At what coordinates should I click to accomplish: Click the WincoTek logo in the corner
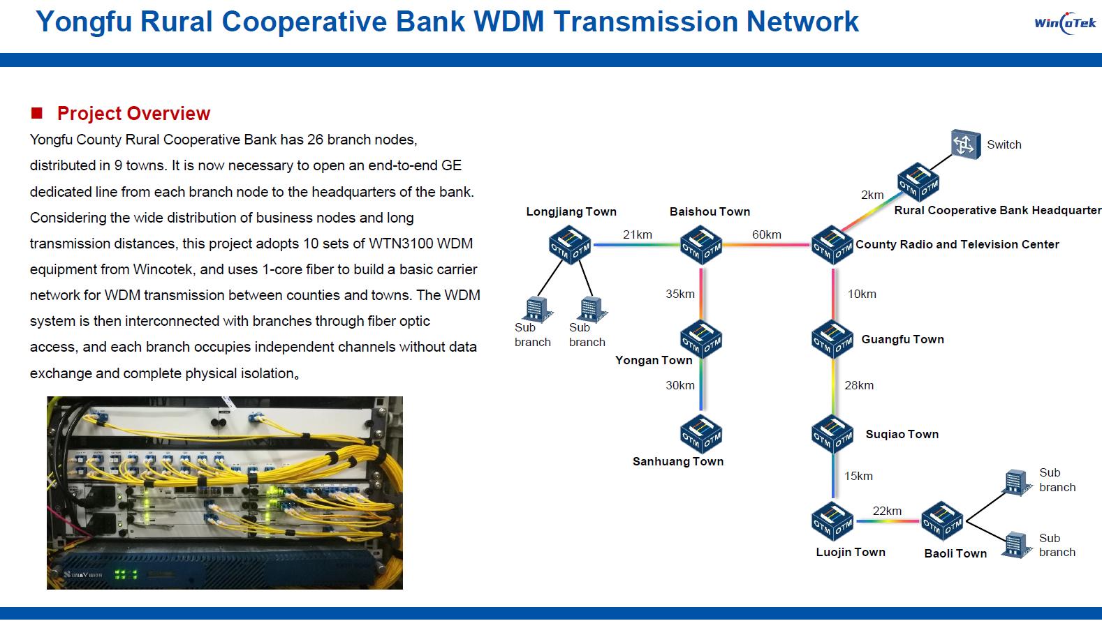(1064, 24)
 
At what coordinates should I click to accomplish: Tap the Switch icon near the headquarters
(966, 144)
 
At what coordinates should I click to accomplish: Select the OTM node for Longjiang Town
(570, 245)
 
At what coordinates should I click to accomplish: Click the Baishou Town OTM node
(701, 245)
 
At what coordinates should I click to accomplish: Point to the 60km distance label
(766, 234)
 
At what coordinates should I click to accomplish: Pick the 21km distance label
(637, 234)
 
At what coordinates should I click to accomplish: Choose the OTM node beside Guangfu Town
(832, 340)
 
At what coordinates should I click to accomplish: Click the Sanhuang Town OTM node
(701, 434)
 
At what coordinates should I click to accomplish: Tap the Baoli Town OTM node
(941, 521)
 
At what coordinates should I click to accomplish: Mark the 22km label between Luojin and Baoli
(887, 511)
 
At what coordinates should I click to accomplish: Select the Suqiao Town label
(902, 434)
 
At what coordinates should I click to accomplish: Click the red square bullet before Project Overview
(37, 113)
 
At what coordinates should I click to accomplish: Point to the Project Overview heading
(133, 113)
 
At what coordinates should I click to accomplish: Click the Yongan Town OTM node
(701, 340)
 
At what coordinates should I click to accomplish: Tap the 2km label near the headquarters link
(872, 195)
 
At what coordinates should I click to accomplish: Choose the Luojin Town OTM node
(832, 521)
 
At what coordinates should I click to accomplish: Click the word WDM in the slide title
(508, 22)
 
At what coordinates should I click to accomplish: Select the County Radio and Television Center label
(957, 244)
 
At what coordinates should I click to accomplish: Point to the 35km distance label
(679, 294)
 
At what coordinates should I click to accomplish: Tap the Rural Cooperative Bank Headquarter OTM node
(918, 182)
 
